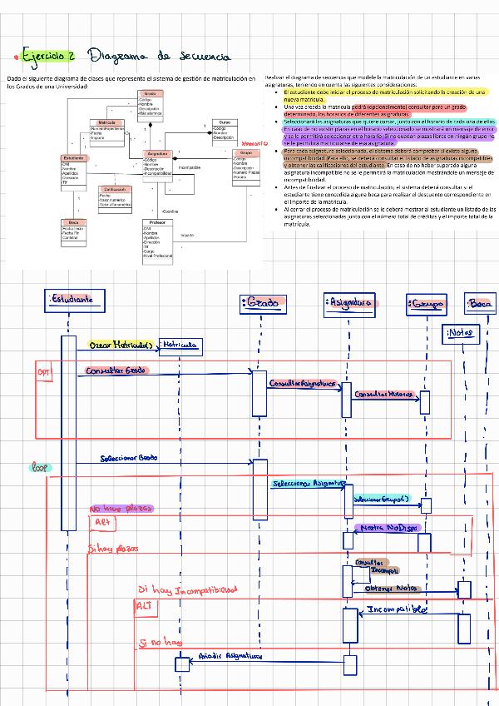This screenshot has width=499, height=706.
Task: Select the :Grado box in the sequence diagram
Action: click(259, 302)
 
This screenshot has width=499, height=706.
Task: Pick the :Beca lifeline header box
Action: click(481, 306)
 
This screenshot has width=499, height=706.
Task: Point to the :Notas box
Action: click(460, 334)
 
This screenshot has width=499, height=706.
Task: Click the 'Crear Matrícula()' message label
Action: click(121, 344)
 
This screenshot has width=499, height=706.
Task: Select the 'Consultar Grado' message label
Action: click(116, 370)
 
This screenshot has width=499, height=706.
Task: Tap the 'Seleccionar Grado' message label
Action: click(129, 458)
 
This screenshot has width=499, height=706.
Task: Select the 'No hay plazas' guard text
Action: click(121, 508)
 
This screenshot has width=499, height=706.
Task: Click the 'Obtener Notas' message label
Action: click(390, 587)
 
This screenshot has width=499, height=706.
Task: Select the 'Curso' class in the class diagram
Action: click(225, 122)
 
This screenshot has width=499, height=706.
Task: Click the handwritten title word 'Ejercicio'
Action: click(49, 57)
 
